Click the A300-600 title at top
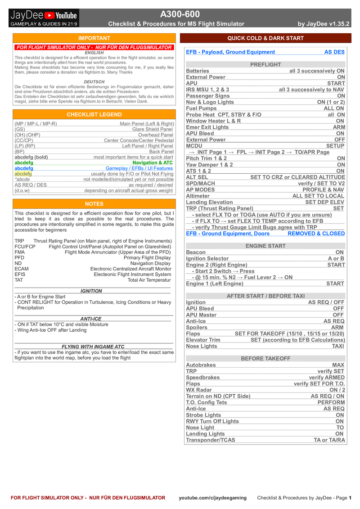tap(180, 14)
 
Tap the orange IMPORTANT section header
tap(94, 38)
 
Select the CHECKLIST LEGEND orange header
tap(94, 115)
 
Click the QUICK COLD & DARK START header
tap(265, 38)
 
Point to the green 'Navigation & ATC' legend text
tap(153, 162)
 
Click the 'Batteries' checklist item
tap(198, 71)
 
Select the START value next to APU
tap(336, 83)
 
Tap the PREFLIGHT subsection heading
tap(265, 65)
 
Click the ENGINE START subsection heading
tap(265, 246)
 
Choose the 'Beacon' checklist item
tap(196, 252)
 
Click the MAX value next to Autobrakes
tap(338, 365)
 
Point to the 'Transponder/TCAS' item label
tap(211, 440)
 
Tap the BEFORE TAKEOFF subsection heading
tap(265, 359)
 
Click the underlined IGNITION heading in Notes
tap(91, 291)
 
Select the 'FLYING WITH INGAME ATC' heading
tap(93, 347)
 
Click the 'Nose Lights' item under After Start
tap(201, 346)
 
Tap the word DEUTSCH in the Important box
tap(94, 81)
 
